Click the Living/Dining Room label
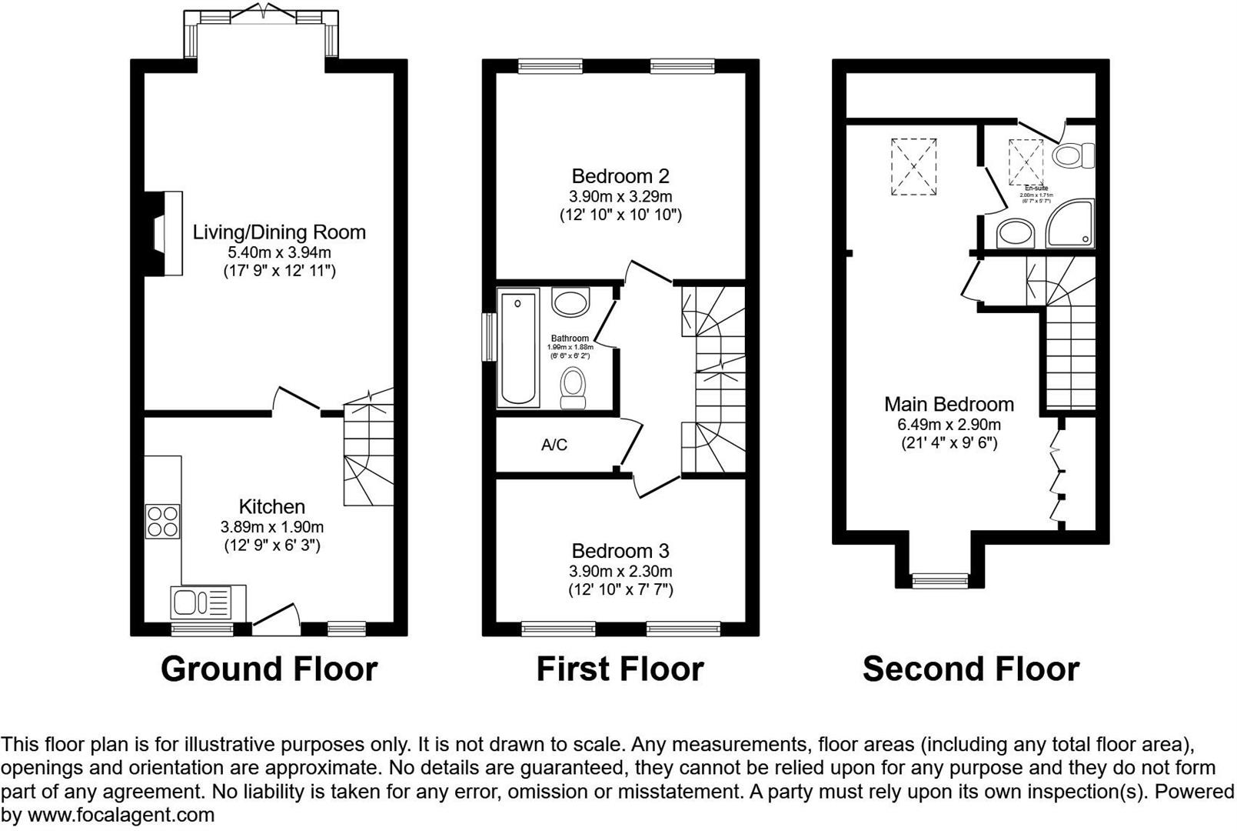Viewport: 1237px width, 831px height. pyautogui.click(x=279, y=232)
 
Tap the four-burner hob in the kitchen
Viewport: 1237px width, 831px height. pyautogui.click(x=162, y=521)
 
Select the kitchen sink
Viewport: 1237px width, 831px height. pyautogui.click(x=201, y=601)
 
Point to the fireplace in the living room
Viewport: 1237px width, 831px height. pyautogui.click(x=165, y=233)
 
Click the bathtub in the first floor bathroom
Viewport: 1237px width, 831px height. pyautogui.click(x=519, y=347)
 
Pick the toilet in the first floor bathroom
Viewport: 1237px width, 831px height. pyautogui.click(x=573, y=386)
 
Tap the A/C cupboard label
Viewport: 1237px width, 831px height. pyautogui.click(x=554, y=445)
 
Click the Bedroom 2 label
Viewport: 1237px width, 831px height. pyautogui.click(x=620, y=176)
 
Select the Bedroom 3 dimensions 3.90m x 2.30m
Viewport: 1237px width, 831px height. pyautogui.click(x=620, y=571)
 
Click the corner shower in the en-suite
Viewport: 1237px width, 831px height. pyautogui.click(x=1069, y=223)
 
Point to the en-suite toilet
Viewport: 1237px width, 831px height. pyautogui.click(x=1074, y=155)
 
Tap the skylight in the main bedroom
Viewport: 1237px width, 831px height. pyautogui.click(x=914, y=167)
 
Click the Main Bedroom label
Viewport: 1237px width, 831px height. pyautogui.click(x=949, y=404)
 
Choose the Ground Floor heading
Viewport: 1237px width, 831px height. pyautogui.click(x=269, y=669)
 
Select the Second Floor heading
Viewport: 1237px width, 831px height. pyautogui.click(x=971, y=669)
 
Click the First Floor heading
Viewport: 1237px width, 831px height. pyautogui.click(x=620, y=669)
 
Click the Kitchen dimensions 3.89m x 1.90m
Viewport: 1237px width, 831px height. pyautogui.click(x=272, y=527)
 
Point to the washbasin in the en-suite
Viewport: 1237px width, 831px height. pyautogui.click(x=1016, y=233)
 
